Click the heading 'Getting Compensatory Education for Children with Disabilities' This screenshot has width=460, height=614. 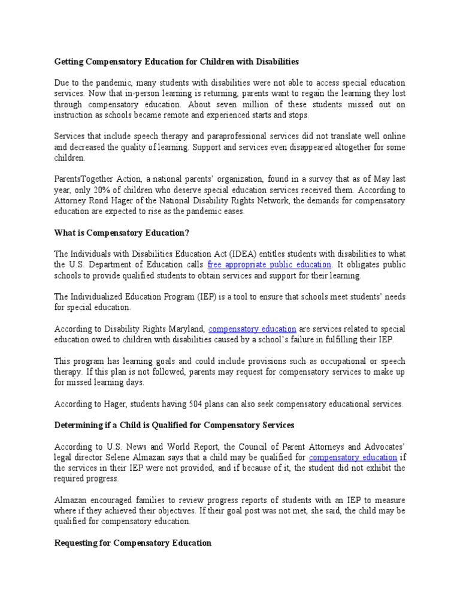(x=176, y=62)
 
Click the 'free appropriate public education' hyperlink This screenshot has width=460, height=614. (x=270, y=264)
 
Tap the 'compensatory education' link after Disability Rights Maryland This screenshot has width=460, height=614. (x=252, y=329)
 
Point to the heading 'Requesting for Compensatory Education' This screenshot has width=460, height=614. (x=133, y=543)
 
